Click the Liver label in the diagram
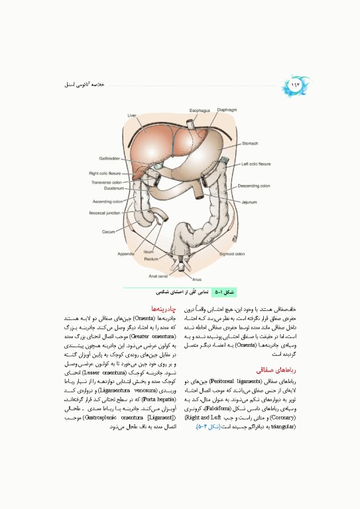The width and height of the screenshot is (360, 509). (131, 115)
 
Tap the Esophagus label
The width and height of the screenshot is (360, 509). (200, 110)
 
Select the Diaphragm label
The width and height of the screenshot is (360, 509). (227, 109)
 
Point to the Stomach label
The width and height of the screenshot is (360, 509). (250, 142)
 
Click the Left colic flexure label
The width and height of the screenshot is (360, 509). (256, 163)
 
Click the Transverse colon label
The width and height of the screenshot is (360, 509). (105, 182)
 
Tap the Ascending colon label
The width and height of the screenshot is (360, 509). (106, 201)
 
